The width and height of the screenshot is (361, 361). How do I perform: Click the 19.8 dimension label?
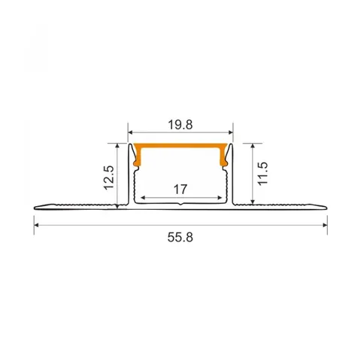(180, 125)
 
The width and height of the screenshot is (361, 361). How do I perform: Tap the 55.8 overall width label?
(180, 238)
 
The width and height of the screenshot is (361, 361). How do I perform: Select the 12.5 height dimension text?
(110, 177)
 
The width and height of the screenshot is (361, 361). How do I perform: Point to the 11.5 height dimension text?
(262, 174)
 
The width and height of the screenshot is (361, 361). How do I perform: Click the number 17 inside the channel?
(180, 190)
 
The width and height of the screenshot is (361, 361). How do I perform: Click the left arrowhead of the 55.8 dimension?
(36, 225)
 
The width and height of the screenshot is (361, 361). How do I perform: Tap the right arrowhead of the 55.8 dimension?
(325, 225)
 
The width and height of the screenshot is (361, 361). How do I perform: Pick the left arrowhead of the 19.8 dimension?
(130, 132)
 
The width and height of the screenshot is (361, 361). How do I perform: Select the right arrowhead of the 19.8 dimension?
(231, 132)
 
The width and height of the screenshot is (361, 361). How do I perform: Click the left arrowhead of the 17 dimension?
(143, 197)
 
